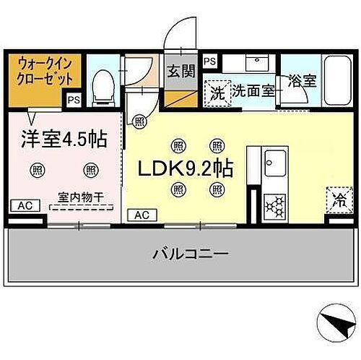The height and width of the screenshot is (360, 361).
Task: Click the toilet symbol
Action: coord(103,88)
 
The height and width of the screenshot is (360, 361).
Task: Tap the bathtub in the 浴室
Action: coord(337,80)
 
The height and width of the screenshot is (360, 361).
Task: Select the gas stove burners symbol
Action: coord(274,206)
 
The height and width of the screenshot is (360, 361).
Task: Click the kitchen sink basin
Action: coord(275,163)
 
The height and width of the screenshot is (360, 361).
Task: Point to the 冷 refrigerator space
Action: coord(339,200)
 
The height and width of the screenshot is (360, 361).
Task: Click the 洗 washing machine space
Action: coord(217,93)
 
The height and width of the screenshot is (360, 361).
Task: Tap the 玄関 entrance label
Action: coord(181,71)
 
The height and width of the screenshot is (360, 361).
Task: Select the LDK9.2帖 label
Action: coord(186,168)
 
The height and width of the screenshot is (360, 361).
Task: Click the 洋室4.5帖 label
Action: coord(64,139)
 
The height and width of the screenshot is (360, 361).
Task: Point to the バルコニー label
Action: coord(191,254)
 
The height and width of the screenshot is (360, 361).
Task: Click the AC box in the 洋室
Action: coord(25,205)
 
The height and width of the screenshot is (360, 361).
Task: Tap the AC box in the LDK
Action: coord(142,215)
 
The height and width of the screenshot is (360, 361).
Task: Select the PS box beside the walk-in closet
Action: coord(74,100)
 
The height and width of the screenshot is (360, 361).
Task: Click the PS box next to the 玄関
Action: coord(210,61)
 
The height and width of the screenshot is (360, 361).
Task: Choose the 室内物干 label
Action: coord(81,198)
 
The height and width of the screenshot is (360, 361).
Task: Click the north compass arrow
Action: coord(339,322)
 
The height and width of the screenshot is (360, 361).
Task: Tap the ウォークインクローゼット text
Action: coord(45,72)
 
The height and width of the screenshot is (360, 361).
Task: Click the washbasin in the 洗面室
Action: coord(257,62)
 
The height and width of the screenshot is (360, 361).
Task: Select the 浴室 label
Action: coord(302,80)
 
